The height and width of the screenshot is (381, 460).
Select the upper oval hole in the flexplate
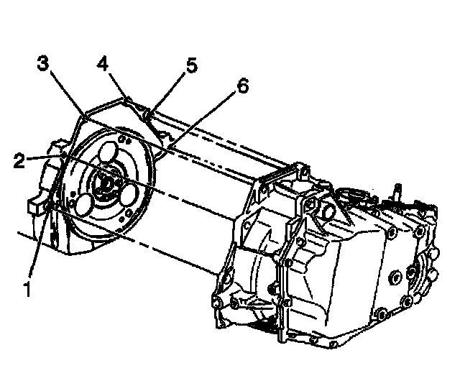pos(109,153)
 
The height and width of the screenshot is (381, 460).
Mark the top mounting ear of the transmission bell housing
pos(296,171)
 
